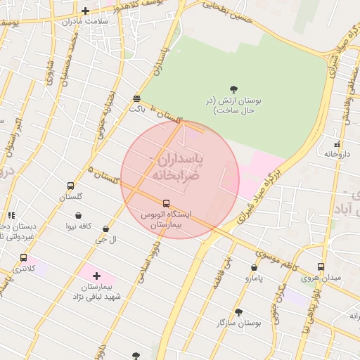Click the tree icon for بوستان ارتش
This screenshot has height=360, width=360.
click(x=233, y=89)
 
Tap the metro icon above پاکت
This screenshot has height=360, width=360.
click(x=136, y=99)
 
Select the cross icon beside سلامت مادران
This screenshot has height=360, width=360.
click(x=85, y=11)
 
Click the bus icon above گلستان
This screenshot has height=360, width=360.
click(x=70, y=186)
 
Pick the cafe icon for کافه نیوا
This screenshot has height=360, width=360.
click(x=77, y=215)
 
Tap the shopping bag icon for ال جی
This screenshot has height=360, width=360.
click(x=105, y=229)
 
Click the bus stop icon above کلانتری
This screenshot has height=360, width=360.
click(x=24, y=257)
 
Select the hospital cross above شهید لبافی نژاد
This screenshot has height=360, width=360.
click(x=96, y=276)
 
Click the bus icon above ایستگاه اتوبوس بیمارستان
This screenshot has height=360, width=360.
click(x=166, y=203)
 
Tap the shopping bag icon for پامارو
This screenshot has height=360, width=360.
click(x=254, y=267)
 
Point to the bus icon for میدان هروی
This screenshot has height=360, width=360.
click(x=321, y=267)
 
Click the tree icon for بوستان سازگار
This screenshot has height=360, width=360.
click(x=238, y=311)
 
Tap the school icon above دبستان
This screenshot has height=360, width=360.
click(x=11, y=215)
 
